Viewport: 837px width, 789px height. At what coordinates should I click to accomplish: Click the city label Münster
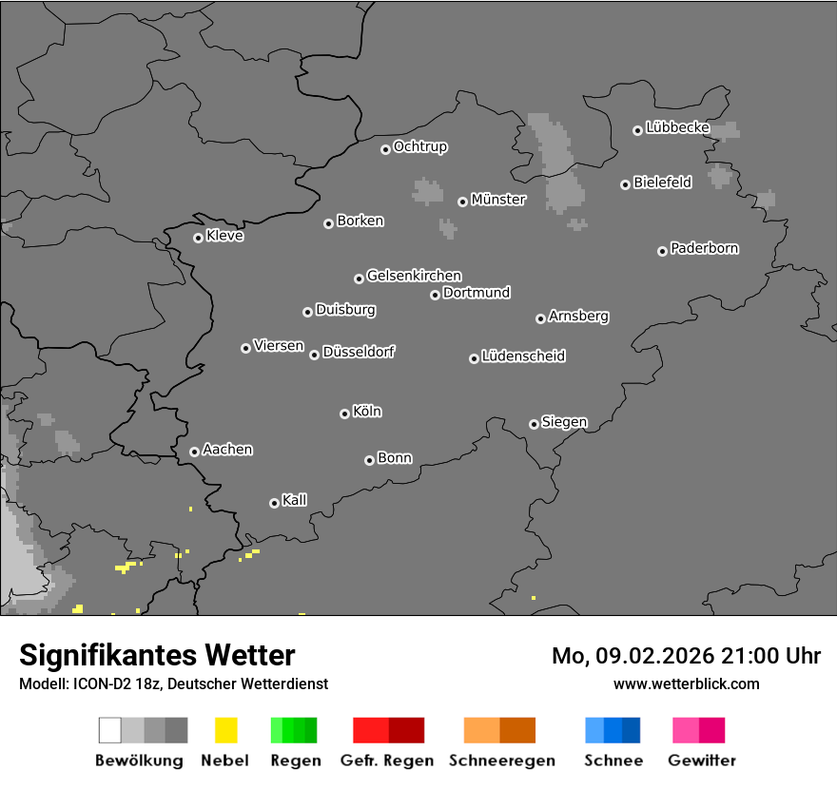click(x=498, y=200)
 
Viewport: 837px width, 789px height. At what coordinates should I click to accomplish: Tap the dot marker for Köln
click(x=344, y=414)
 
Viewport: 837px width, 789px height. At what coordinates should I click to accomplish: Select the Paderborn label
click(x=705, y=248)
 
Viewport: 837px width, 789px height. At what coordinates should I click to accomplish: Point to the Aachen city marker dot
click(x=194, y=452)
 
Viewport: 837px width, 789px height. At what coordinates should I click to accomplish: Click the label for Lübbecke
click(x=678, y=127)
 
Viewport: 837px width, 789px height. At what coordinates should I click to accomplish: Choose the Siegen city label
click(x=564, y=422)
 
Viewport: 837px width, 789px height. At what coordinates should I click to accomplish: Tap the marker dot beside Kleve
click(x=198, y=238)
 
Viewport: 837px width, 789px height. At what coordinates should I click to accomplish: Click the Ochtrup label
click(x=420, y=146)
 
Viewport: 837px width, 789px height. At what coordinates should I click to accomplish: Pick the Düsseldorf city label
click(x=359, y=352)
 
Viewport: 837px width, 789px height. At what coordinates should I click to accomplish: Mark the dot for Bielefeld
click(x=625, y=184)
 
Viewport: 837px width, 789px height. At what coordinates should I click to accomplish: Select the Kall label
click(x=295, y=500)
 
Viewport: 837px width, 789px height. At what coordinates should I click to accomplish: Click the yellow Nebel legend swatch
click(x=225, y=730)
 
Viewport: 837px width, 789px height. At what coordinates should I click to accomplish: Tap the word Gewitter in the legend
click(x=702, y=760)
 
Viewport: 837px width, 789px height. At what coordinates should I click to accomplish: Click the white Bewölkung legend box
click(x=110, y=730)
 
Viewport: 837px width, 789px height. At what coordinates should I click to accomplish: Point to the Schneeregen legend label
click(x=502, y=760)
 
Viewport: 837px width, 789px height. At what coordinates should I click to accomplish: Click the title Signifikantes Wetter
click(x=157, y=655)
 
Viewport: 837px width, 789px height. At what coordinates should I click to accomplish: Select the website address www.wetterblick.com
click(x=686, y=683)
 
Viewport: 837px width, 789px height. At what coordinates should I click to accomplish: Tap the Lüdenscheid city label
click(x=523, y=356)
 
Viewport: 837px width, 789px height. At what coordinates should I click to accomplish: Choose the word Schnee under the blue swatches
click(x=613, y=760)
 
